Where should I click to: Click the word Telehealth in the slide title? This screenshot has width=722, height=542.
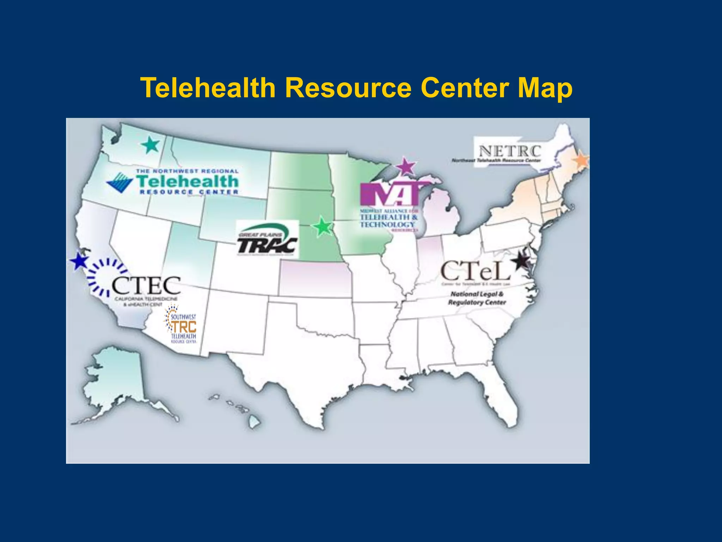tap(208, 88)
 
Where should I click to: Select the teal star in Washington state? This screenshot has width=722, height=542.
tap(151, 145)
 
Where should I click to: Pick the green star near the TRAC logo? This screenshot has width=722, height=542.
tap(322, 227)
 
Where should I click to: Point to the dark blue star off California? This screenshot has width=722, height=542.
tap(79, 261)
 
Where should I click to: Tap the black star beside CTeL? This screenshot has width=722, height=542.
tap(521, 261)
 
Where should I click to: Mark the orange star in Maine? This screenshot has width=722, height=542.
tap(581, 160)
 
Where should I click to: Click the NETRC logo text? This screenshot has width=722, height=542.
tap(509, 152)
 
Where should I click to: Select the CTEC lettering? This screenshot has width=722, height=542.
tap(146, 285)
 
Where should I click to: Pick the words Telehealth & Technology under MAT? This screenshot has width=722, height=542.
tap(388, 221)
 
